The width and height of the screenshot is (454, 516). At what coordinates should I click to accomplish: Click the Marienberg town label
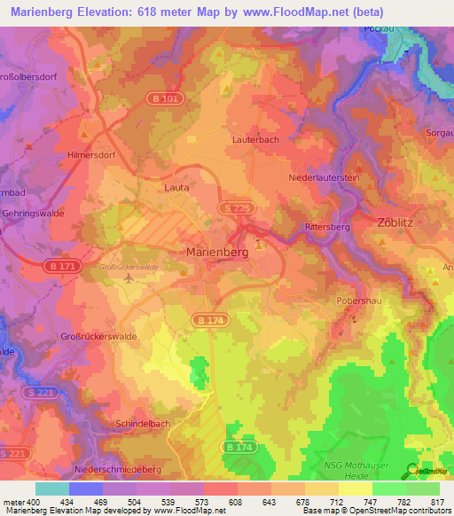217,252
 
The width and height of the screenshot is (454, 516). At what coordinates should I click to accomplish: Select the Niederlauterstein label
324,177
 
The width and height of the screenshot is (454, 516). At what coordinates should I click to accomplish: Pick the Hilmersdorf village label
91,154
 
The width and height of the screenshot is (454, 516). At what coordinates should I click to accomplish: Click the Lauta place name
177,188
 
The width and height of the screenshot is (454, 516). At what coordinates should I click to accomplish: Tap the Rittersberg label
328,227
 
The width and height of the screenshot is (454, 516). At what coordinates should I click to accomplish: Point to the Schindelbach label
143,424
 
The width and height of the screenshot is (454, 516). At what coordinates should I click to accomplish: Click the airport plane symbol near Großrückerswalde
130,278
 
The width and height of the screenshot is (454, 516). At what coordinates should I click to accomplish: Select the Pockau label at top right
379,28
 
